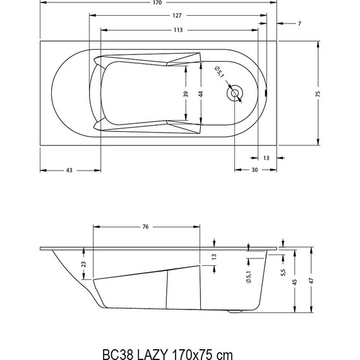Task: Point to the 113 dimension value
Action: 180,30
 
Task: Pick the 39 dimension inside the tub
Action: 185,93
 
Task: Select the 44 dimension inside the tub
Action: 200,93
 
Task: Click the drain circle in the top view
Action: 236,93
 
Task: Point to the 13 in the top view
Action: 266,157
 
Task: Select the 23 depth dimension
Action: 85,265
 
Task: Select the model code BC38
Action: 117,346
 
